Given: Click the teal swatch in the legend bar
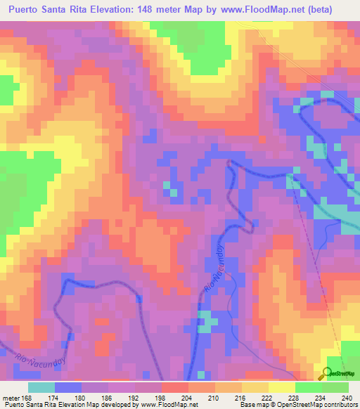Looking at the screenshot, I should pyautogui.click(x=41, y=387).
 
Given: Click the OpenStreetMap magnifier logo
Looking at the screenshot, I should pyautogui.click(x=328, y=373).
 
